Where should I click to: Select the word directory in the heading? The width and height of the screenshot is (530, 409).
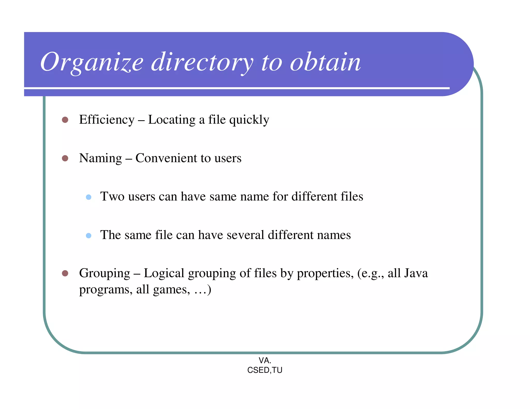[x=202, y=63]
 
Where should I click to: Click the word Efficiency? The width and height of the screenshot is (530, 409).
[x=107, y=120]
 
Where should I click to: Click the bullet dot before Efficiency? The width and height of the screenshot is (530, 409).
[x=65, y=120]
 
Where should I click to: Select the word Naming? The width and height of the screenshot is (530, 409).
[x=100, y=158]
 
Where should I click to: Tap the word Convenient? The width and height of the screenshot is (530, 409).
[x=166, y=158]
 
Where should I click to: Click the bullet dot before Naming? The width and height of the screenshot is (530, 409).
[x=65, y=158]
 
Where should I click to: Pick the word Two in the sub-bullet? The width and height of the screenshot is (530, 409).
[x=112, y=196]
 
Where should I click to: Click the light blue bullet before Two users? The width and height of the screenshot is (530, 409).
[x=89, y=197]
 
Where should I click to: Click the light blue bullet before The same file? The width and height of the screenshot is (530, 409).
[x=89, y=236]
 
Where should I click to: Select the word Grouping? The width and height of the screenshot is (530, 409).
[x=105, y=274]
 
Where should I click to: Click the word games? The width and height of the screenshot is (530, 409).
[x=171, y=290]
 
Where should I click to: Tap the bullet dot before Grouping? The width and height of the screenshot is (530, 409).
[x=65, y=273]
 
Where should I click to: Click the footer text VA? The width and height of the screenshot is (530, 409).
[x=265, y=360]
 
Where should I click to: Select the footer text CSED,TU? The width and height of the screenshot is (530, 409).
[x=265, y=370]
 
